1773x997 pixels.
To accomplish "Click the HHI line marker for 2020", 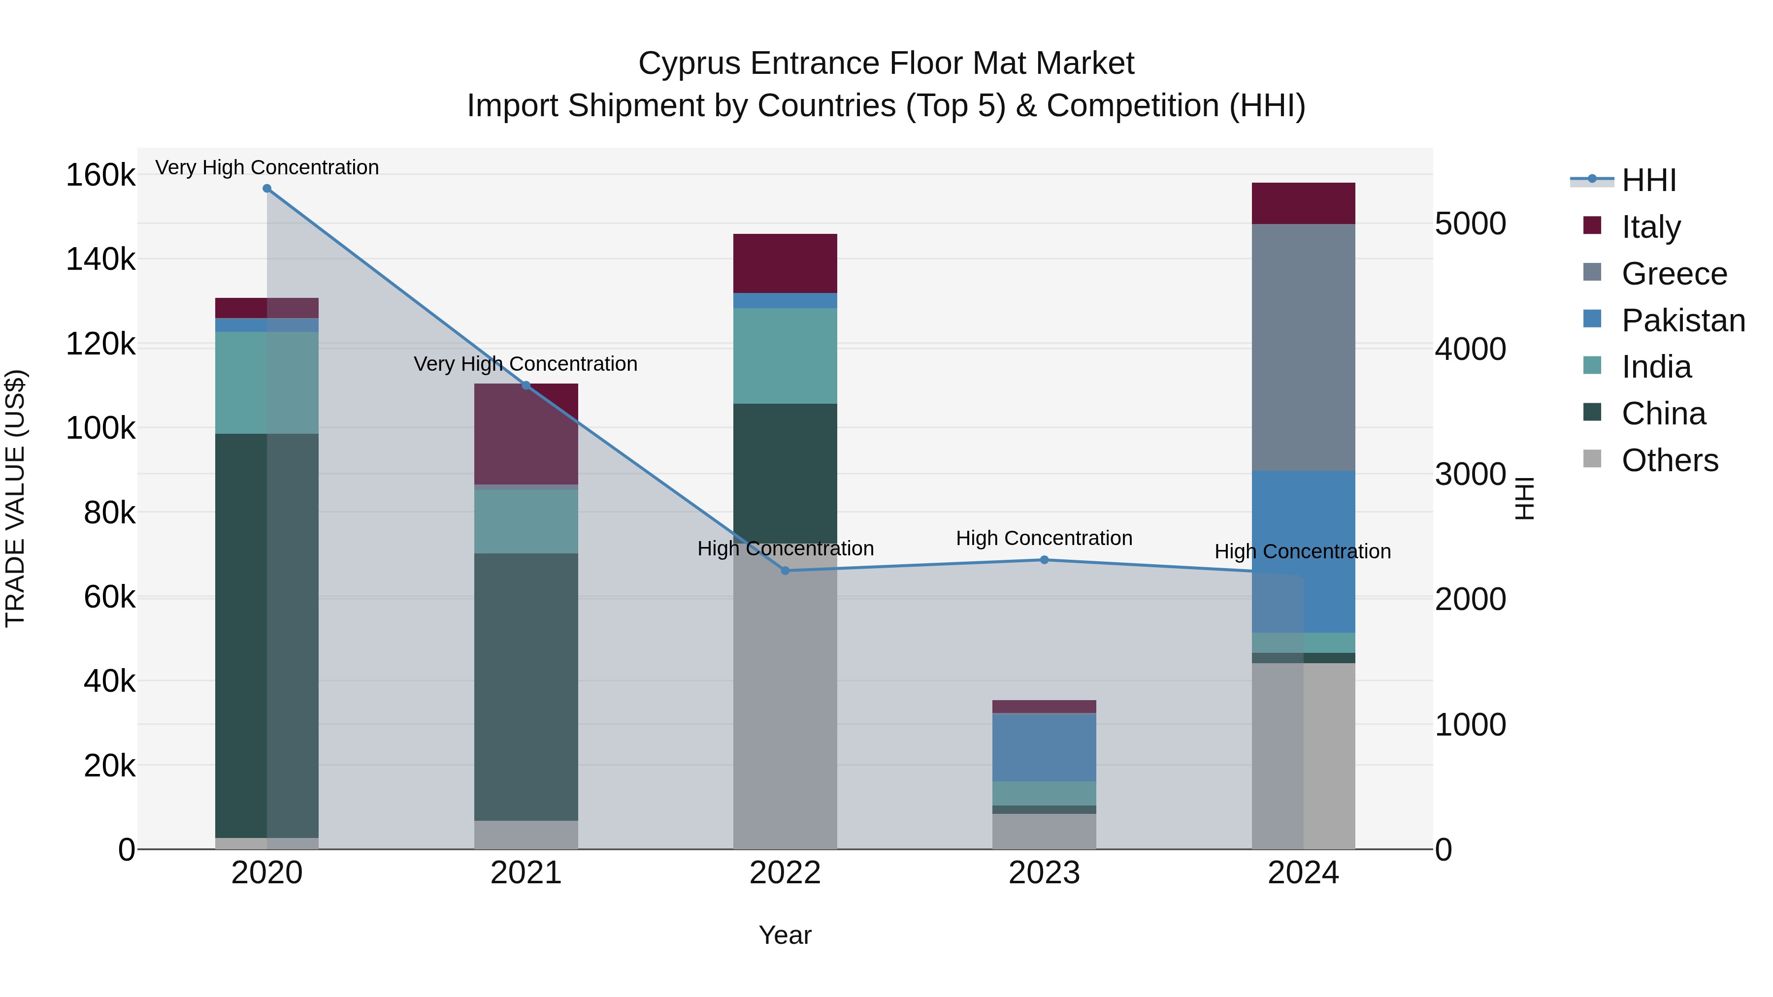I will coord(267,188).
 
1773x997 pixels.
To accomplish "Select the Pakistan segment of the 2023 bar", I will coord(1044,747).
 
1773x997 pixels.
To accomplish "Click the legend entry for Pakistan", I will coord(1682,321).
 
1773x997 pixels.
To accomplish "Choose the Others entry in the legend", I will coord(1669,460).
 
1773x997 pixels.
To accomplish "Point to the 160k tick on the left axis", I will coord(100,175).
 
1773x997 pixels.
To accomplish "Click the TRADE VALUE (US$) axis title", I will coord(15,498).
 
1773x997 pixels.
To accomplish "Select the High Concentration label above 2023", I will coord(1044,538).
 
